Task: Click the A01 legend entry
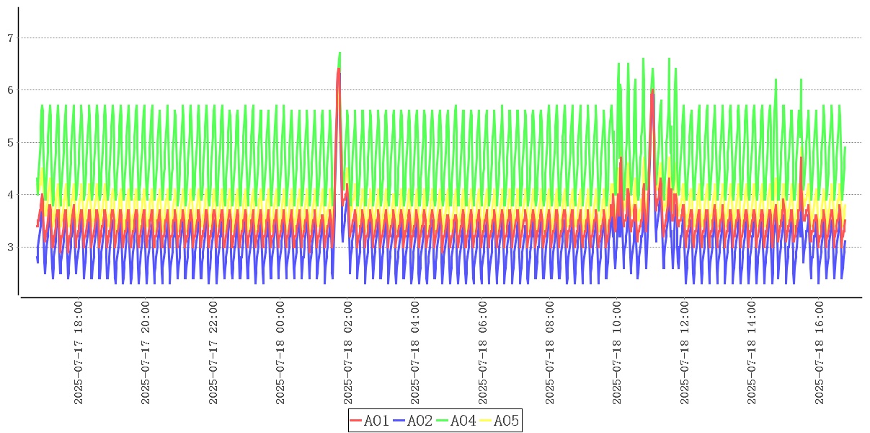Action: point(370,421)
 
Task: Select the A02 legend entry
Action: point(413,421)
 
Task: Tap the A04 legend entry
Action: point(456,421)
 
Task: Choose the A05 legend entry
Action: point(499,421)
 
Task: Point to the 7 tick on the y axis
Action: point(10,38)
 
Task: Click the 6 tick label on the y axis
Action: point(10,90)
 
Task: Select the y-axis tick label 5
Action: point(10,142)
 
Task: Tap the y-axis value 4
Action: point(10,195)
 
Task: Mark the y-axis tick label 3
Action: point(10,248)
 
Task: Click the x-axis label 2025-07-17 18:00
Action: point(79,353)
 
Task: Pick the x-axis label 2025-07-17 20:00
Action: point(146,353)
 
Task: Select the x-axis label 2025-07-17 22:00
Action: point(213,353)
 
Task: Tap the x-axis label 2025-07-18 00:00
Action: point(280,353)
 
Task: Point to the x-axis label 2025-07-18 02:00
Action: point(348,353)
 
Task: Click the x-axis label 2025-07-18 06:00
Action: point(483,353)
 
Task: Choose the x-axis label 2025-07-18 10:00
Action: point(617,353)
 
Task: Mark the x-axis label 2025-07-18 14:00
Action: point(752,353)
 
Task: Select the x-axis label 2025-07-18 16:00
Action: point(820,353)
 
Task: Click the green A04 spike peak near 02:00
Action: point(339,53)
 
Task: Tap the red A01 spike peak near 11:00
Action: point(652,92)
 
